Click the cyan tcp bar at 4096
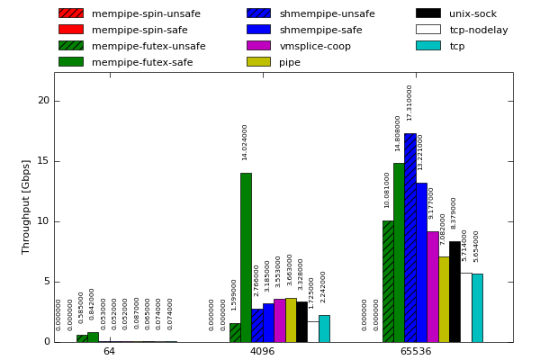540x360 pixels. click(324, 328)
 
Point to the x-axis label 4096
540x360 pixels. click(262, 351)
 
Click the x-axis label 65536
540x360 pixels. click(415, 351)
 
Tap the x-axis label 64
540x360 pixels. click(109, 351)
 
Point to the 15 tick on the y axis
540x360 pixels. click(43, 161)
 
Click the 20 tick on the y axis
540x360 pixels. click(43, 101)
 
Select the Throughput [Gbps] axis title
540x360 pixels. click(26, 206)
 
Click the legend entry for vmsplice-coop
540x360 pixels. click(315, 46)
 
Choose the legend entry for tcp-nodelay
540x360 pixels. click(478, 30)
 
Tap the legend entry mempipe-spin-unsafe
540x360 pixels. click(146, 13)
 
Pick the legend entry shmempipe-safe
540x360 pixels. click(320, 30)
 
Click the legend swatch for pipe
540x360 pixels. click(258, 62)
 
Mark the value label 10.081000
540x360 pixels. click(388, 190)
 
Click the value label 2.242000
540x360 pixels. click(324, 286)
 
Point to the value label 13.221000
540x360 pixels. click(421, 152)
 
